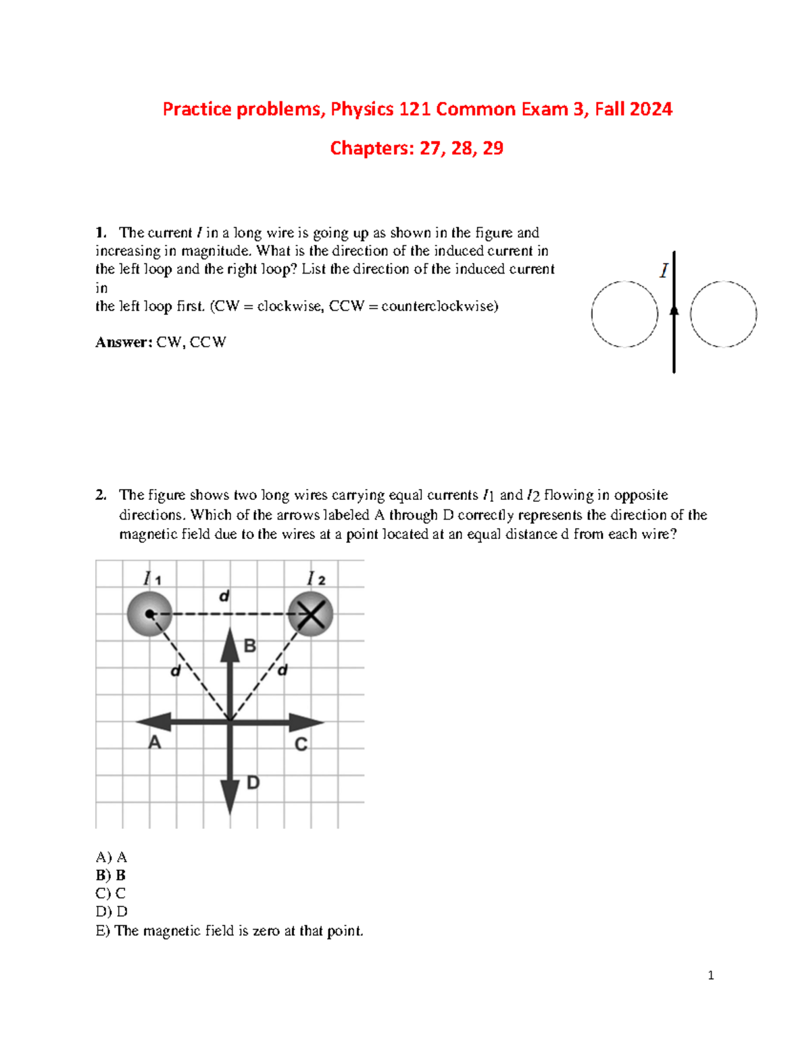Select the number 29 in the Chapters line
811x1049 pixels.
tap(493, 148)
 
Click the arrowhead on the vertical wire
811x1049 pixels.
tap(674, 309)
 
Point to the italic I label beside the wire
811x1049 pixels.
tap(664, 271)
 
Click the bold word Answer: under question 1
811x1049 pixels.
tap(124, 342)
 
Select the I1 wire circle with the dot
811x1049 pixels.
tap(149, 614)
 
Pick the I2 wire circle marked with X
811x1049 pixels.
tap(311, 614)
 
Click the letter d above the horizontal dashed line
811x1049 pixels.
tap(224, 596)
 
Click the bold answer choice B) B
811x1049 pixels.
tap(111, 875)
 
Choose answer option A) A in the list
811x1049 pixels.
tap(112, 857)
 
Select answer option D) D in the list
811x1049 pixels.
tap(112, 912)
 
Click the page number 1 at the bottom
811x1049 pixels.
tap(710, 975)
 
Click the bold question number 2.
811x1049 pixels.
tap(101, 495)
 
